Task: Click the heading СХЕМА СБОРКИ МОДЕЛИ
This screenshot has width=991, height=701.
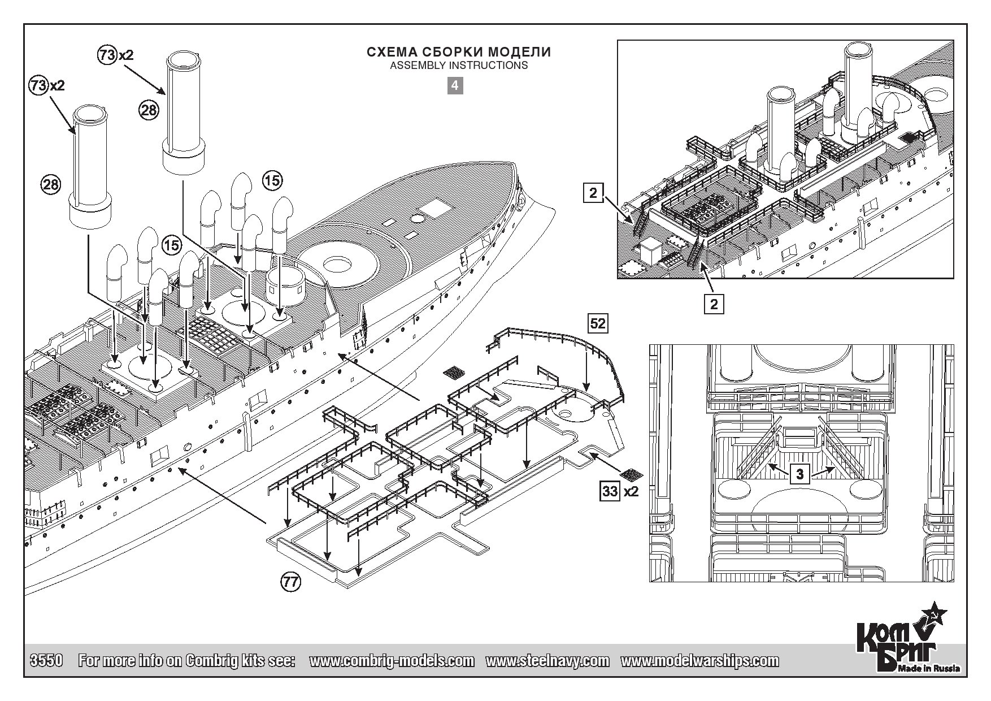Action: [459, 53]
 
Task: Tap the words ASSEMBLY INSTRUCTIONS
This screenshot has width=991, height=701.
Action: [459, 66]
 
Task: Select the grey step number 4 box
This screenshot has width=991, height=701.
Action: [455, 86]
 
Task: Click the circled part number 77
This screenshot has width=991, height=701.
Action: [290, 583]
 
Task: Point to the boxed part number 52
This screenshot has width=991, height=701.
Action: [597, 323]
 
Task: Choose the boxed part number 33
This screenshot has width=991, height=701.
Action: [610, 491]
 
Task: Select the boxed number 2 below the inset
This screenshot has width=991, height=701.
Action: [714, 304]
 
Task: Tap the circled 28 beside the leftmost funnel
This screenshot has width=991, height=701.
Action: [50, 184]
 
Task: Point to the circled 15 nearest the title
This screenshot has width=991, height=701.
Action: [272, 180]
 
